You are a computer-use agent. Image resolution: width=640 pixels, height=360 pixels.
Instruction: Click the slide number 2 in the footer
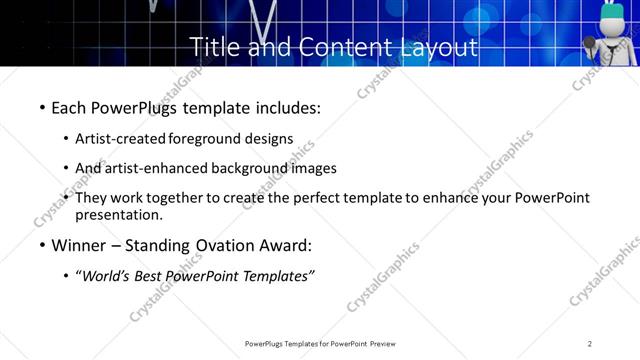pos(590,344)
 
